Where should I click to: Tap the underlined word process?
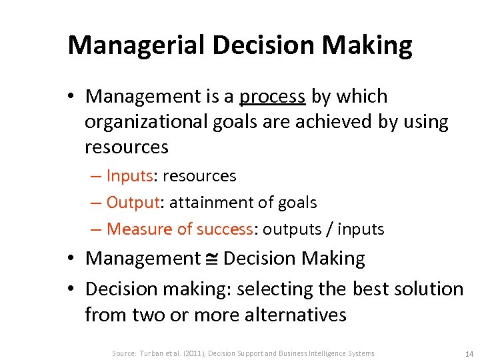272,97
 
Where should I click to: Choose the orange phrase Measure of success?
179,229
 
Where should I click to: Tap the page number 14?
469,353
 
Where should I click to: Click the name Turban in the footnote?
151,353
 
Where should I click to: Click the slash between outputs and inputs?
329,229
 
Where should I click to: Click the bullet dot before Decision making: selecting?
75,289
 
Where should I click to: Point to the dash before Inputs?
96,176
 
